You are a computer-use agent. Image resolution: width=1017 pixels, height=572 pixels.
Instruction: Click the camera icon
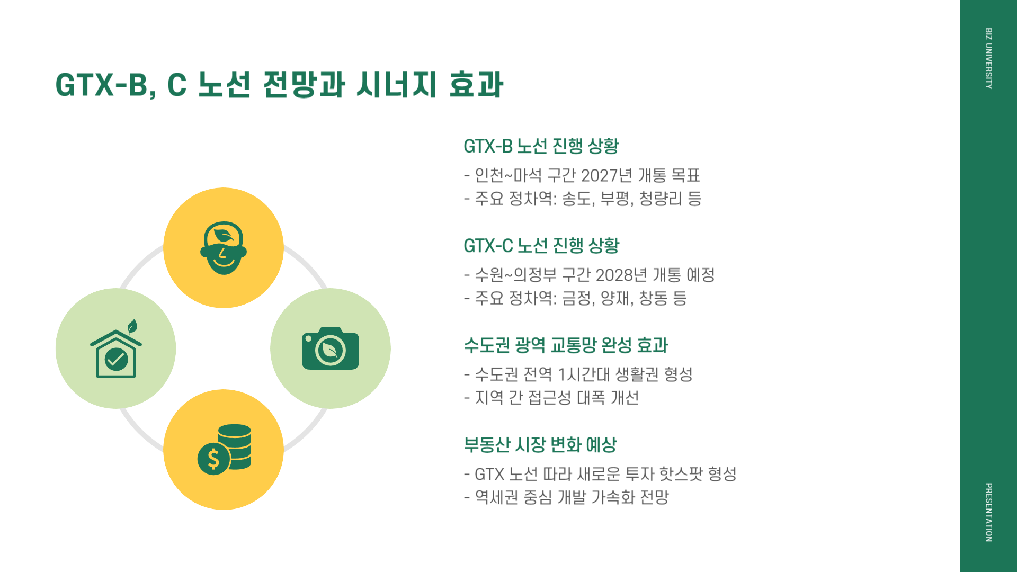point(330,348)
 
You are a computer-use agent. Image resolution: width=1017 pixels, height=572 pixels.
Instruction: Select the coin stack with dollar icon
point(225,449)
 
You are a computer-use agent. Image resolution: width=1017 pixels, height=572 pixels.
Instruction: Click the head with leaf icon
point(224,248)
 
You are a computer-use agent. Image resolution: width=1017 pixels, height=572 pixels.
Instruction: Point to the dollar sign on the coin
point(213,459)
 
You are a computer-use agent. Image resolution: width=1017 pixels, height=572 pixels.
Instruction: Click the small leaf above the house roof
point(132,326)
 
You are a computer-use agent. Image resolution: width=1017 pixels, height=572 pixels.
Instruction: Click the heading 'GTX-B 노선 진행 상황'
point(541,146)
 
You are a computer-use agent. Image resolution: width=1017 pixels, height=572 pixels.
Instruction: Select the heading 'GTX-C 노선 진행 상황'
point(541,246)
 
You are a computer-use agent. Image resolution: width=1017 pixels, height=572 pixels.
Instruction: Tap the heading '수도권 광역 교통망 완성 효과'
point(566,345)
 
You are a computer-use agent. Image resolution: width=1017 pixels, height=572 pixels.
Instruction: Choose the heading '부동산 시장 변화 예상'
point(540,445)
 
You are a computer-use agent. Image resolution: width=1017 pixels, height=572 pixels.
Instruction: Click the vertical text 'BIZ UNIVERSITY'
point(988,58)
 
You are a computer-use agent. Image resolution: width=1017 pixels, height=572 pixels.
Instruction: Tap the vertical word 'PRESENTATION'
point(988,512)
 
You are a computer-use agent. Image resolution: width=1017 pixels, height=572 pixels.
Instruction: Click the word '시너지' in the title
point(396,85)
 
